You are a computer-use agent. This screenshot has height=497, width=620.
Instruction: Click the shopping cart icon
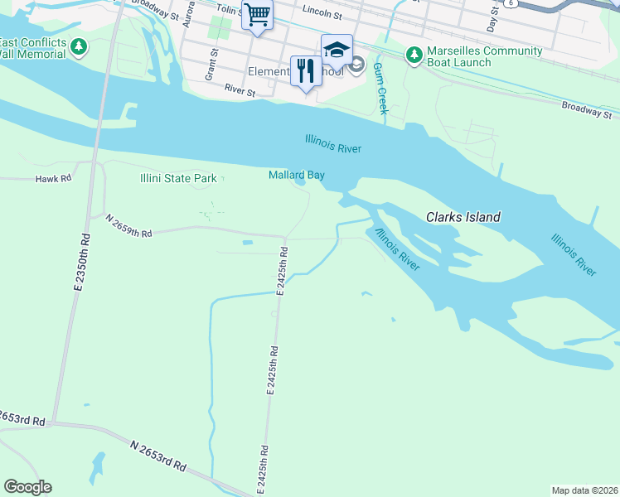(x=257, y=14)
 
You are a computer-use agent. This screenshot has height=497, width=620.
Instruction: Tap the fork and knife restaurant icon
(x=306, y=70)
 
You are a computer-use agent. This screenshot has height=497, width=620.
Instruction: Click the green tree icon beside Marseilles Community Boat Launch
(x=414, y=55)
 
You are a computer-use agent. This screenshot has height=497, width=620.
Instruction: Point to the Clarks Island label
(x=463, y=218)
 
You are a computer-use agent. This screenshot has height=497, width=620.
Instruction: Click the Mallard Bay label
(x=296, y=175)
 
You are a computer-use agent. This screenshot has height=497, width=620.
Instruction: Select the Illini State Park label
(x=177, y=178)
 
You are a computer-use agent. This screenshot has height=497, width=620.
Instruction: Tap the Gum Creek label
(x=380, y=89)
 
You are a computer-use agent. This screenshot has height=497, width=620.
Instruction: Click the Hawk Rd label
(x=54, y=178)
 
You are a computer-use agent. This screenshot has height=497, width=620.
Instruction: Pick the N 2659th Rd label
(x=129, y=226)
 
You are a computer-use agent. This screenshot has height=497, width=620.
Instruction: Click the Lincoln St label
(x=322, y=12)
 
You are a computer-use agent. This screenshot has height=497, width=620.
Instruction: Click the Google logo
(x=27, y=487)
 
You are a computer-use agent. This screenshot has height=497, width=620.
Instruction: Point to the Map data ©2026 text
(x=584, y=490)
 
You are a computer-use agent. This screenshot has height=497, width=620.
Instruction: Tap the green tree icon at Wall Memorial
(x=80, y=47)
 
